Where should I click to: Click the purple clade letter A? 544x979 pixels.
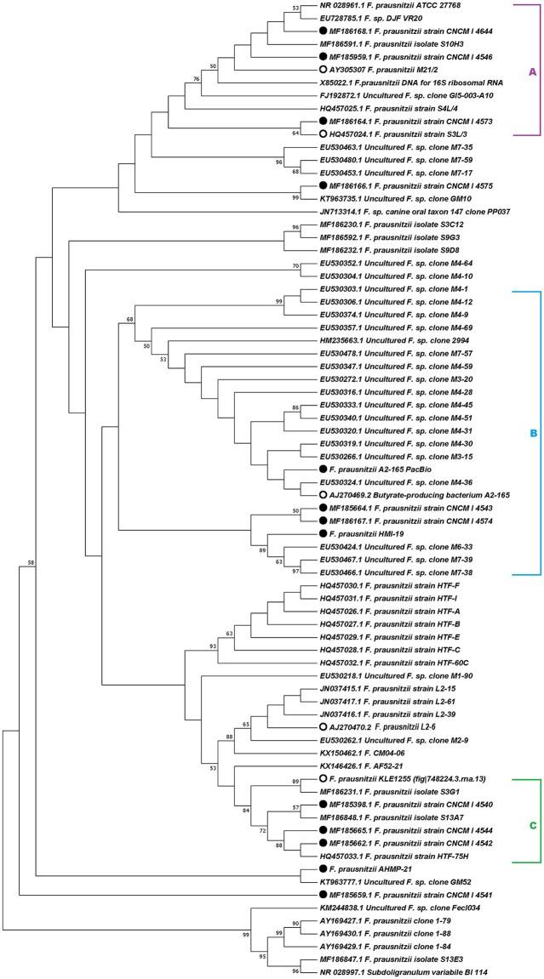tap(532, 72)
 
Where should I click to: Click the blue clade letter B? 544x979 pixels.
tap(533, 433)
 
